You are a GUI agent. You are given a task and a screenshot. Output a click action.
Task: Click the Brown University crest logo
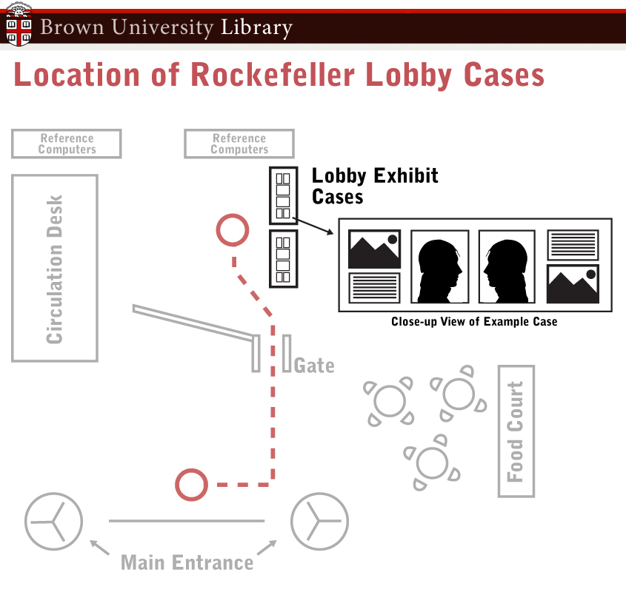[19, 24]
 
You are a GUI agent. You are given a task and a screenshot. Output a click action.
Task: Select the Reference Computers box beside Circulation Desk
[67, 144]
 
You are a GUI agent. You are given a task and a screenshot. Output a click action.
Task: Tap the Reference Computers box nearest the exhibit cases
[239, 144]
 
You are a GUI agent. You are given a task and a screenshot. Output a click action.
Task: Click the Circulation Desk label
[55, 269]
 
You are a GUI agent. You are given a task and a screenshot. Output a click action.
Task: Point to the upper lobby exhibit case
[282, 195]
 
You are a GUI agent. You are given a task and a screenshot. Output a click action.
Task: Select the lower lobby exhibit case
[282, 258]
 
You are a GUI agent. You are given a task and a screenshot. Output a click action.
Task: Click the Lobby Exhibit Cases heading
[374, 186]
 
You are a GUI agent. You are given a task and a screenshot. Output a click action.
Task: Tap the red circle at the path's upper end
[232, 230]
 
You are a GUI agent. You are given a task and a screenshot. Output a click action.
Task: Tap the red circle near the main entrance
[191, 485]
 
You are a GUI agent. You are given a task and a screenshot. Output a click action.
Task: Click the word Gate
[314, 366]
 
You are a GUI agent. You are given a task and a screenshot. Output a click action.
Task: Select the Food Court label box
[516, 431]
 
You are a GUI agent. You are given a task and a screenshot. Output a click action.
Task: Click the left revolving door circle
[53, 521]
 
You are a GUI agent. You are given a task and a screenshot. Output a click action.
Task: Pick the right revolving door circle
[319, 521]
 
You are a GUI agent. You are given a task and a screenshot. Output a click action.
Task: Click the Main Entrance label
[187, 562]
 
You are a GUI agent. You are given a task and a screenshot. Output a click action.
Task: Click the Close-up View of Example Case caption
[474, 322]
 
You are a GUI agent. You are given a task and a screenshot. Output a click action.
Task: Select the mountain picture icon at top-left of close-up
[374, 249]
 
